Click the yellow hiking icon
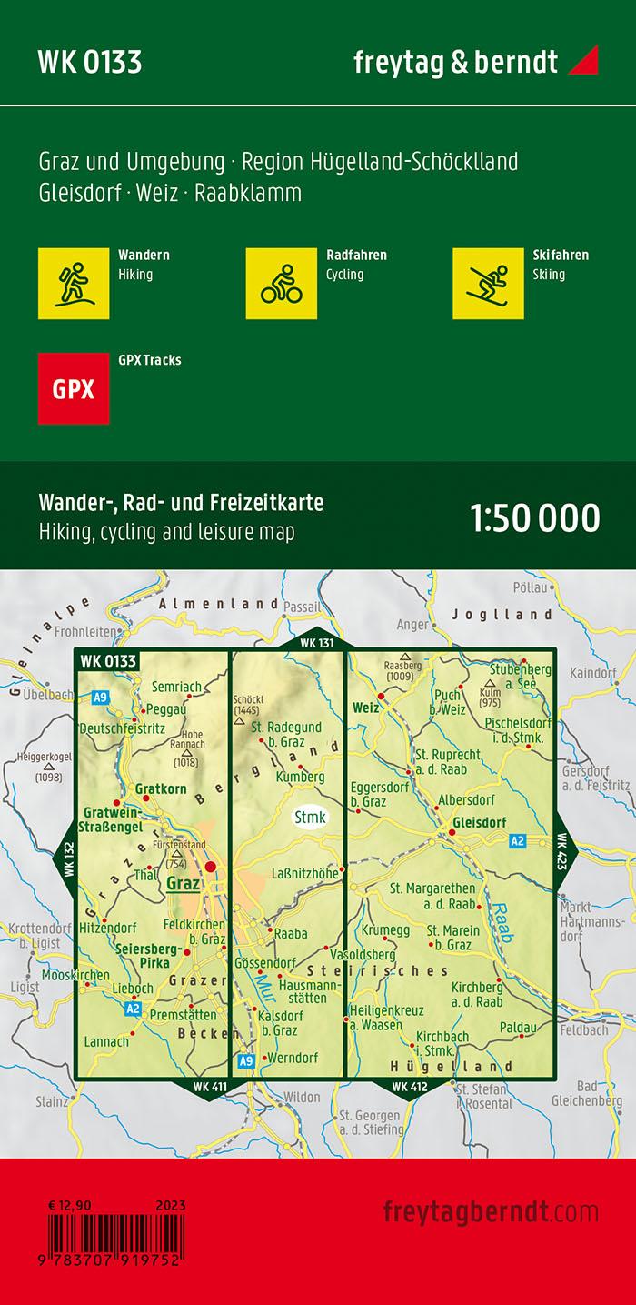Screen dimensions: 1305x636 (74, 283)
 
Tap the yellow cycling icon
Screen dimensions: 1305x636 (281, 283)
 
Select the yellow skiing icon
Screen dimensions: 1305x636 (488, 283)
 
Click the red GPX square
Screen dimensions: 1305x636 (74, 388)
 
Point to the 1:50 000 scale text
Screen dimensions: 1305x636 (535, 517)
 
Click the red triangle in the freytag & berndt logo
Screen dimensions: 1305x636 (583, 62)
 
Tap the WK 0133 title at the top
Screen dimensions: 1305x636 (89, 62)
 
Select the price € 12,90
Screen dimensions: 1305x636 (71, 1206)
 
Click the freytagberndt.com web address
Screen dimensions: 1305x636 (491, 1212)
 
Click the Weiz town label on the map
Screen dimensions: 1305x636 (364, 707)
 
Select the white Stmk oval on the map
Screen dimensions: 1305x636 (310, 817)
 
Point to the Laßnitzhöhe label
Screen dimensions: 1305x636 (303, 872)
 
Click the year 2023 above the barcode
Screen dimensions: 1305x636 (171, 1206)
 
